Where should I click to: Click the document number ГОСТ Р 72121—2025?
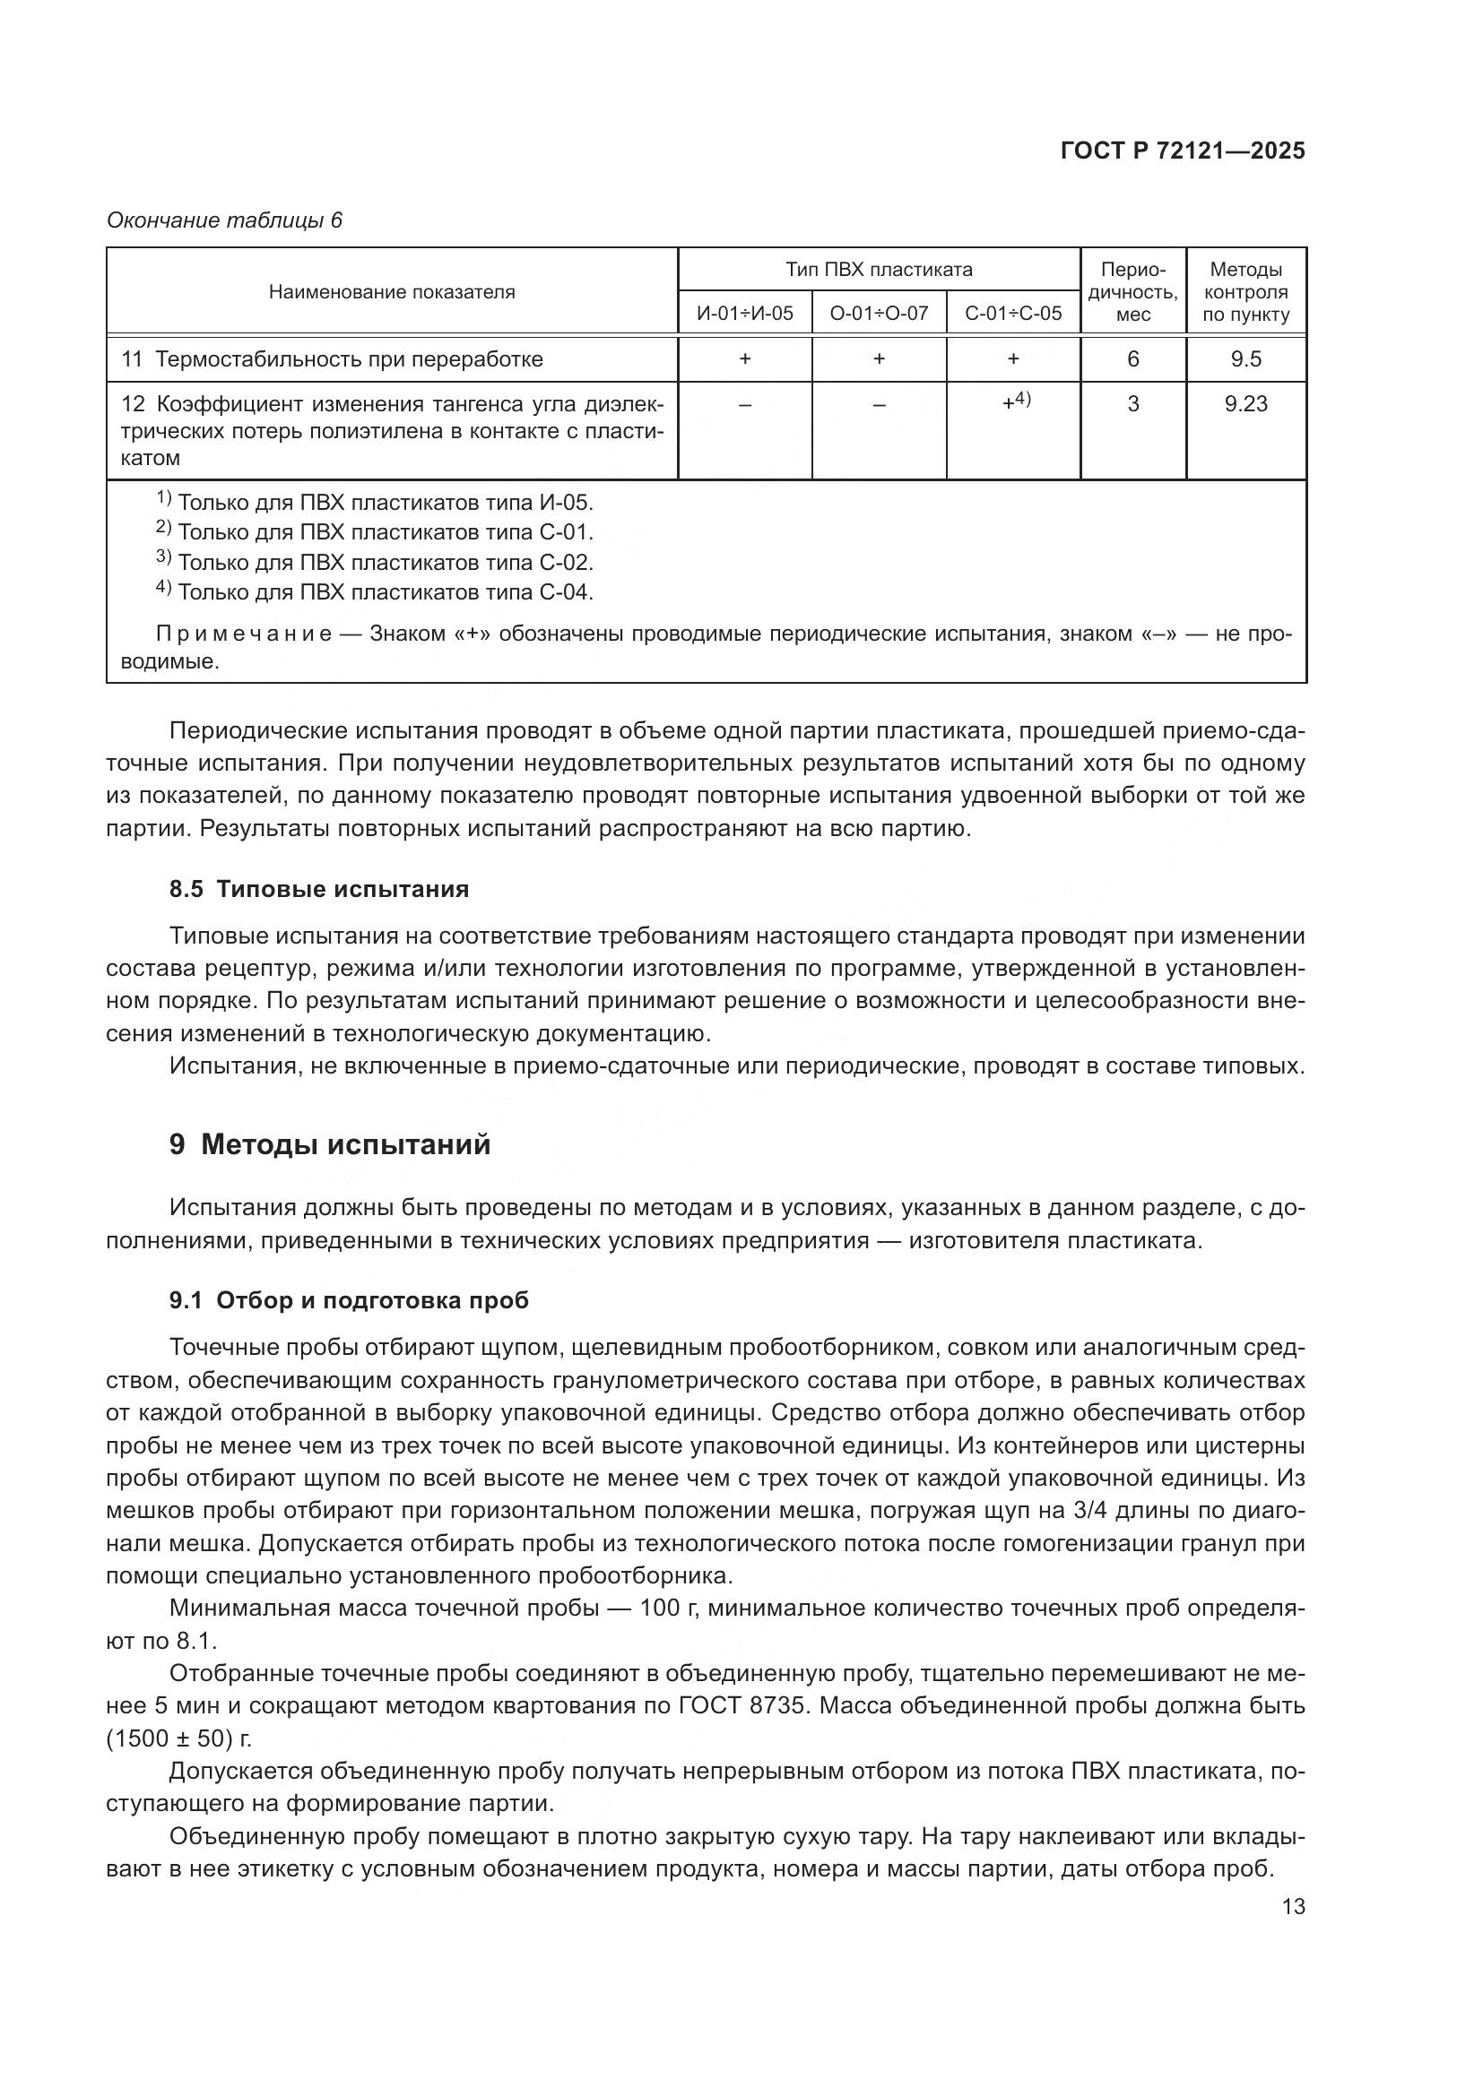[1183, 151]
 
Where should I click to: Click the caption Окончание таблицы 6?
[224, 220]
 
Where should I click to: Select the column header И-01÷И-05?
[744, 313]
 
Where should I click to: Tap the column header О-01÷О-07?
[879, 313]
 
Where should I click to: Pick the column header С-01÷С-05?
[1012, 313]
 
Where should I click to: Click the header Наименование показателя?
[392, 292]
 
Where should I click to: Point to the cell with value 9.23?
[1245, 403]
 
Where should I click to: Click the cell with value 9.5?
[1245, 358]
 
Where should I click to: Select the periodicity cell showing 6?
[1132, 358]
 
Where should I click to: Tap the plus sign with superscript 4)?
[1016, 401]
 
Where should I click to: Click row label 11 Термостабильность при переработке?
[333, 358]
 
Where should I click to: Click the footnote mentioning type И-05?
[375, 502]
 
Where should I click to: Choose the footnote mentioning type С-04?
[375, 591]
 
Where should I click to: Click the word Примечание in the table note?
[244, 634]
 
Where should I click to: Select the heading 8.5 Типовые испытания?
[318, 889]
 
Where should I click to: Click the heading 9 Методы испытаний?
[330, 1143]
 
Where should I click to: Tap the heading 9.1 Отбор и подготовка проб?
[349, 1300]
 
